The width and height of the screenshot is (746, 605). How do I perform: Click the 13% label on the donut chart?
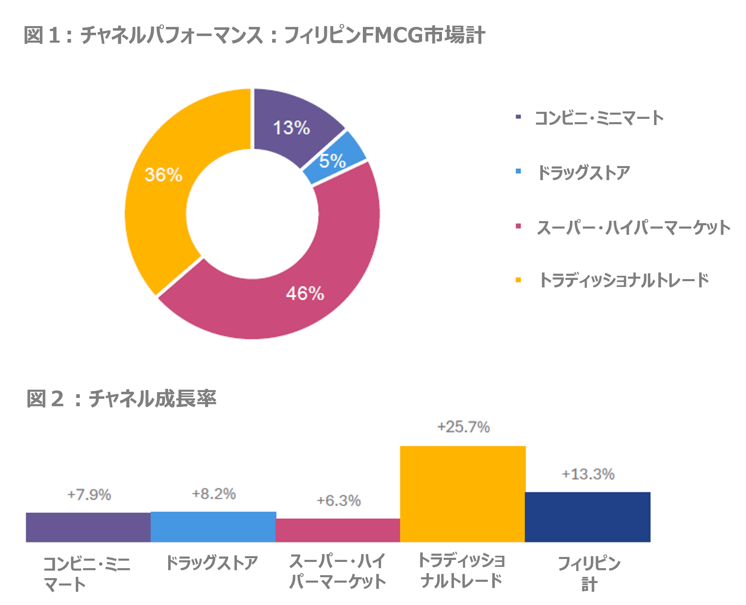pos(291,128)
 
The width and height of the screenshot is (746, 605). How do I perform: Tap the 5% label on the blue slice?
pos(332,161)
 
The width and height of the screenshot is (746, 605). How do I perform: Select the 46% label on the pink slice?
pos(305,294)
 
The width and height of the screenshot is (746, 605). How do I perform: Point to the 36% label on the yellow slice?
pos(163,174)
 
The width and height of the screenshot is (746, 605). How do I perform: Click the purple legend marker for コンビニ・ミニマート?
pos(518,117)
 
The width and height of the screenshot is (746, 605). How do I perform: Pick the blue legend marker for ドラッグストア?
pos(518,171)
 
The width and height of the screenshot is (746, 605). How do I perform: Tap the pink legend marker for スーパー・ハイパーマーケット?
pos(518,226)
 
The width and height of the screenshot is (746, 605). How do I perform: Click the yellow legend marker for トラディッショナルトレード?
pos(518,280)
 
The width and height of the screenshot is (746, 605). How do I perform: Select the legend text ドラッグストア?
pos(584,172)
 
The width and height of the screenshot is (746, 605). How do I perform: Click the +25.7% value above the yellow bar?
pos(464,427)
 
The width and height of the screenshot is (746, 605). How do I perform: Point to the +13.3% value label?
pos(588,474)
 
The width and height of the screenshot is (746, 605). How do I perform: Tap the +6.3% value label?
pos(338,501)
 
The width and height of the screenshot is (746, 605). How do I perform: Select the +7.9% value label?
pos(89,494)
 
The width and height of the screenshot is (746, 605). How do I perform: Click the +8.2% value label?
pos(214,494)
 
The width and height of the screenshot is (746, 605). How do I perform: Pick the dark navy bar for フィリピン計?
pos(587,517)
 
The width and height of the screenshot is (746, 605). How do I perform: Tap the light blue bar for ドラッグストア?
pos(213,527)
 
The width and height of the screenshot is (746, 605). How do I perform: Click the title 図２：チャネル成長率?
pos(121,399)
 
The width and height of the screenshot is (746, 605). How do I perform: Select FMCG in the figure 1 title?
pos(392,35)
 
